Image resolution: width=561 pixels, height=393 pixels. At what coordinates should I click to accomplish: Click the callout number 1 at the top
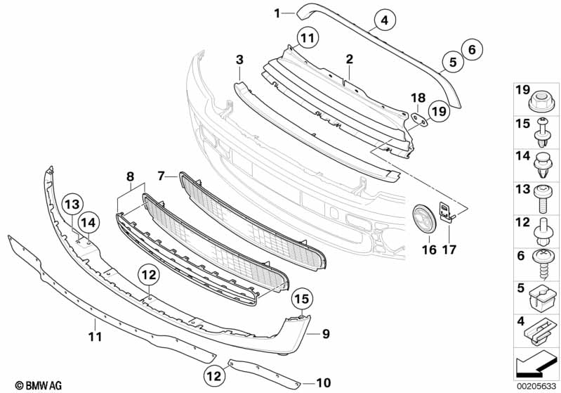(x=277, y=12)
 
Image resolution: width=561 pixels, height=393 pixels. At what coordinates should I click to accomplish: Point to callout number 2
(x=349, y=60)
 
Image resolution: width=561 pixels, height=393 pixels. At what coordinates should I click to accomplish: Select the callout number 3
(x=239, y=60)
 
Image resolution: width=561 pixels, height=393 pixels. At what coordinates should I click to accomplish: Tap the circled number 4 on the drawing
(x=384, y=20)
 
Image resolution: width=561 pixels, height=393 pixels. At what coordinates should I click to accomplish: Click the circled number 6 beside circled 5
(x=471, y=49)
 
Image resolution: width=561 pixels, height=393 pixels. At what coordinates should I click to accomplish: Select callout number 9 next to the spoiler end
(x=325, y=333)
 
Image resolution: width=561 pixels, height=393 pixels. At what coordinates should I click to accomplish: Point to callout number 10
(x=323, y=383)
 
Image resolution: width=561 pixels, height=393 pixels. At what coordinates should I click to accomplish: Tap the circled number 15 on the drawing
(x=301, y=299)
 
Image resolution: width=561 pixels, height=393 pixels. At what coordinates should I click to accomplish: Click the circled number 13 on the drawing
(x=74, y=205)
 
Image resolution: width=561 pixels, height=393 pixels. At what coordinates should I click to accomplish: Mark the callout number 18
(x=417, y=97)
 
